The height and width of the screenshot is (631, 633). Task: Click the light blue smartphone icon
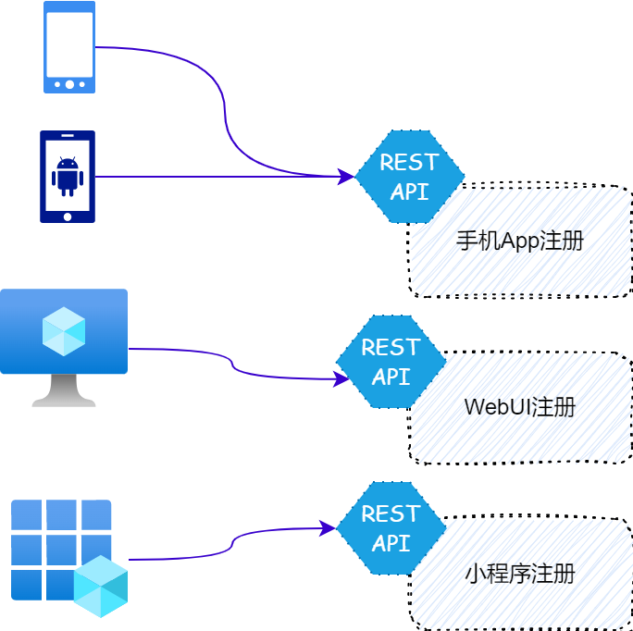click(x=68, y=46)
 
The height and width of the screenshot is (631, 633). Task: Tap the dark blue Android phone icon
click(x=67, y=177)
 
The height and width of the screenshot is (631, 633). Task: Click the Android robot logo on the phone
click(x=68, y=175)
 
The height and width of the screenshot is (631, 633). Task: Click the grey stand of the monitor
click(x=63, y=391)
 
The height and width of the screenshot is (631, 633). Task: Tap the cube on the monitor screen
click(x=64, y=331)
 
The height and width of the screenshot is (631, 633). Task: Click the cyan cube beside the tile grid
click(x=100, y=587)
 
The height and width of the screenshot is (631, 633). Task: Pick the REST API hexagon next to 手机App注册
click(x=409, y=177)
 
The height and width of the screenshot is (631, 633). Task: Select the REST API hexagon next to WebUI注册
click(x=391, y=362)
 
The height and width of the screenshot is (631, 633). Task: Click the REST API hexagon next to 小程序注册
click(x=391, y=528)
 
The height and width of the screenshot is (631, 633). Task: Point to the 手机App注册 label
click(x=520, y=241)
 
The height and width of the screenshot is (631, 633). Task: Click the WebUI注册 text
click(x=520, y=407)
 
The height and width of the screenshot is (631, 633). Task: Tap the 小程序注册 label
click(x=520, y=574)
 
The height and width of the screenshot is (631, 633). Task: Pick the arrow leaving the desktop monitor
click(x=232, y=364)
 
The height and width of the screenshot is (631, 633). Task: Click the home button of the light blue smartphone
click(x=69, y=84)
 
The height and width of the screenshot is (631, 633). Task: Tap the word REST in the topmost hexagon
click(x=409, y=163)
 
